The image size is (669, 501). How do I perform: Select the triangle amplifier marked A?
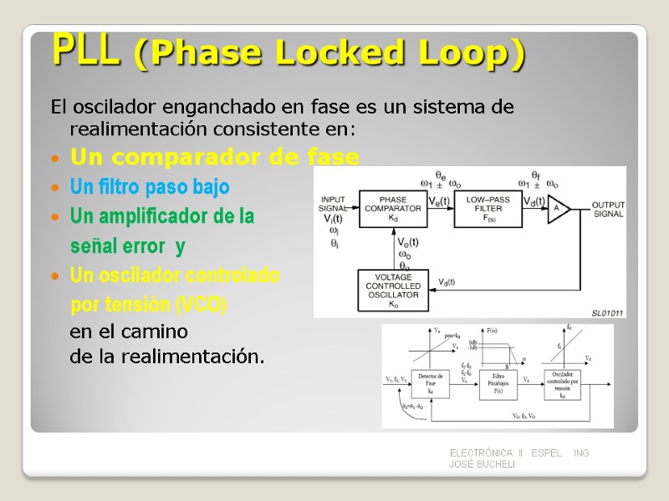558,210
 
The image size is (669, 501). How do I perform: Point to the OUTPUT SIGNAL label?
608,209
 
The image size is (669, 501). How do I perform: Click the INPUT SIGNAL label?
334,203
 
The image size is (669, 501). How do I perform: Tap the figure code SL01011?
608,312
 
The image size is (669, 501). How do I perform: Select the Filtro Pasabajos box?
498,383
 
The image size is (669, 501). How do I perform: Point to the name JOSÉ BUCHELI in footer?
482,463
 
